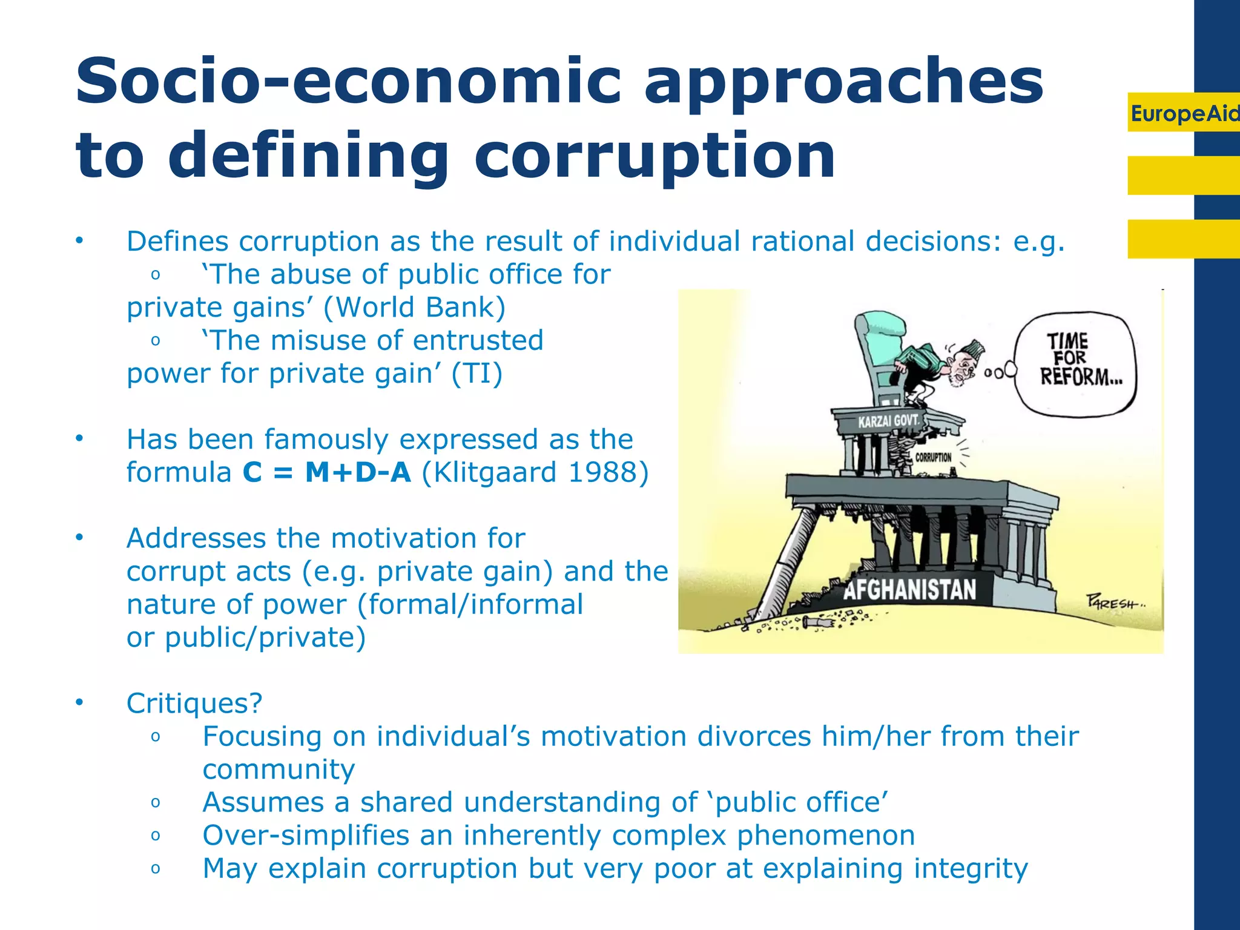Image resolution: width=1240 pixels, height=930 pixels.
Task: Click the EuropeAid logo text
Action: click(x=1184, y=113)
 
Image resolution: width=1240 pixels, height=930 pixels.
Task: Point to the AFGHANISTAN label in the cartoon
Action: click(x=909, y=589)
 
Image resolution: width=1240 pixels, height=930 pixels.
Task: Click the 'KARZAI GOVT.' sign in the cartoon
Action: click(x=888, y=420)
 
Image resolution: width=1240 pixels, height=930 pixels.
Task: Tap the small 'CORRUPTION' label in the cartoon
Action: click(x=933, y=457)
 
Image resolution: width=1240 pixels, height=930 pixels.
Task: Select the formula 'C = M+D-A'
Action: click(x=327, y=472)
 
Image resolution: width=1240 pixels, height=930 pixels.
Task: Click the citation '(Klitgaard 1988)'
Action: click(x=535, y=472)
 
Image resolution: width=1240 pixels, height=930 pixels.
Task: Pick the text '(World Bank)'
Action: click(x=414, y=308)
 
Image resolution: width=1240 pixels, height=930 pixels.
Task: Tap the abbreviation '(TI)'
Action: click(x=477, y=374)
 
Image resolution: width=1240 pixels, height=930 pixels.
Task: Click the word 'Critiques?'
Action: click(x=194, y=704)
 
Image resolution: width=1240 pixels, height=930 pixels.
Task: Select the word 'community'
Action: click(x=279, y=770)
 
